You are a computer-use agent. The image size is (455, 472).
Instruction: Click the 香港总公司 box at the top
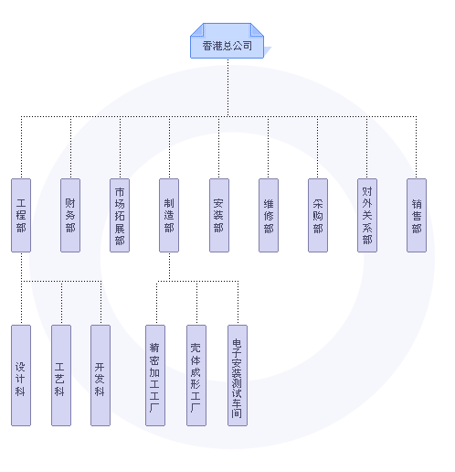[x=227, y=41]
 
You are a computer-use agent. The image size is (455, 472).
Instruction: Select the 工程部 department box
[x=21, y=215]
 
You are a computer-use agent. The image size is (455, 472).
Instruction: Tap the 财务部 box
[x=70, y=215]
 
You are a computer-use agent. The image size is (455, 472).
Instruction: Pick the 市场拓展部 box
[x=120, y=215]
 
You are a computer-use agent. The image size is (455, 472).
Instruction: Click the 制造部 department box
[x=169, y=215]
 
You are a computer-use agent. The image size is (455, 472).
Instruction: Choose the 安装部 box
[x=219, y=215]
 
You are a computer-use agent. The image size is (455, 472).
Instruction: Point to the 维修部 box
[x=269, y=215]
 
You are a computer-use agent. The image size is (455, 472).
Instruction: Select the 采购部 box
[x=318, y=215]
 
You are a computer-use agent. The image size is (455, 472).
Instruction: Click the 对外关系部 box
[x=367, y=215]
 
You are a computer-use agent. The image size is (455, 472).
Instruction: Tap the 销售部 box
[x=417, y=215]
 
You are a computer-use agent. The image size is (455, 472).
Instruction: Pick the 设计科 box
[x=21, y=375]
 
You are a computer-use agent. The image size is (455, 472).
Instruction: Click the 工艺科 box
[x=61, y=375]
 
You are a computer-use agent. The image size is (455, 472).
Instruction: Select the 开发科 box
[x=101, y=375]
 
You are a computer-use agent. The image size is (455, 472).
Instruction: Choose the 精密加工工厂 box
[x=155, y=375]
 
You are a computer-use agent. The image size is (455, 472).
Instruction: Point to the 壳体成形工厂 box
[x=196, y=375]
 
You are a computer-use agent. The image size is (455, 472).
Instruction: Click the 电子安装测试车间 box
[x=238, y=375]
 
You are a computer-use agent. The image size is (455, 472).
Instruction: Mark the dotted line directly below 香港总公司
[x=227, y=88]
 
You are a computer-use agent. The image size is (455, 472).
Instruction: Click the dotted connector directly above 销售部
[x=417, y=147]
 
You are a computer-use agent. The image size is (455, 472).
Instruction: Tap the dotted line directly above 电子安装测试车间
[x=238, y=303]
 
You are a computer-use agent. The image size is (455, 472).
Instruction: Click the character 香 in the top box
[x=207, y=46]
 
